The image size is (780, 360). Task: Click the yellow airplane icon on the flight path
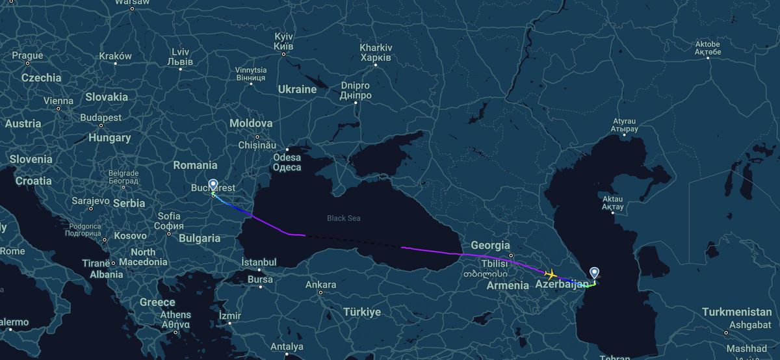pos(551,274)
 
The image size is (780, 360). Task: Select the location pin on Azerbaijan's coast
pos(594,274)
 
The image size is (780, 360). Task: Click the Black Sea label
pos(343,218)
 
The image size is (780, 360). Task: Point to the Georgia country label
pos(490,245)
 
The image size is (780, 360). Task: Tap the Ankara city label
pos(320,285)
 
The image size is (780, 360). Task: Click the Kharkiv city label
pos(375,53)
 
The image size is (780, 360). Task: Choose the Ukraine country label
pos(296,89)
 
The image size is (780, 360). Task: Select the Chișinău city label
pos(257,144)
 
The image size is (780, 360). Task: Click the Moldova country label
pos(250,123)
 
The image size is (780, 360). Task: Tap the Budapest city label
pos(101,118)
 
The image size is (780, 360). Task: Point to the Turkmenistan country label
pos(736,312)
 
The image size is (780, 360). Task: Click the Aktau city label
pos(612,203)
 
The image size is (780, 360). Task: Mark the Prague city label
pos(27,56)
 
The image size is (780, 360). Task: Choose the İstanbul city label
pos(259,262)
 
